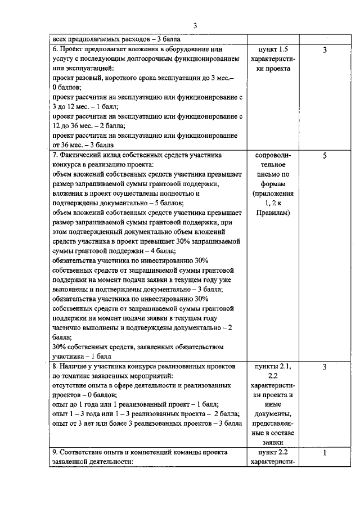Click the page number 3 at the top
pos(195,25)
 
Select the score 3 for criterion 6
pos(325,51)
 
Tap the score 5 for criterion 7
pos(325,156)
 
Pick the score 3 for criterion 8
pos(325,367)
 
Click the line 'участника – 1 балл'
pos(82,356)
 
